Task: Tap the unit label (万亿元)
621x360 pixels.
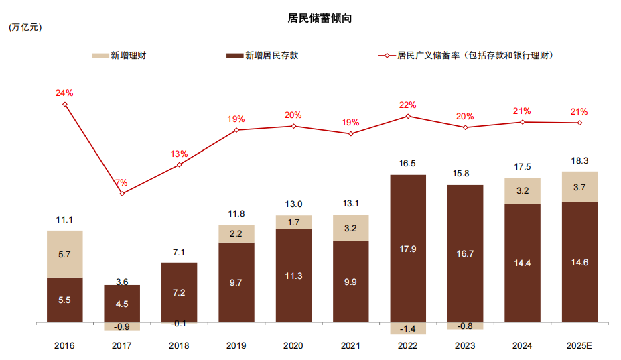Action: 25,28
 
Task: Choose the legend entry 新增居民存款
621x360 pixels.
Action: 263,56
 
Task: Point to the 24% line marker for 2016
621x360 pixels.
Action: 65,104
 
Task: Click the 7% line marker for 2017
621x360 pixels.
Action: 122,194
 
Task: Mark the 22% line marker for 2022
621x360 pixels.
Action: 407,116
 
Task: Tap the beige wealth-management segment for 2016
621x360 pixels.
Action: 65,254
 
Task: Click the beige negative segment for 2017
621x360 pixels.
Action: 122,326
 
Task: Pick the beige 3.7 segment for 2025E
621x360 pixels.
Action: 579,187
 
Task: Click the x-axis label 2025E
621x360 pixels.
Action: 579,346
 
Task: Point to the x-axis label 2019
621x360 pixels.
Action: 236,346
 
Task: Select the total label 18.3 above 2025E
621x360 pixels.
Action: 579,161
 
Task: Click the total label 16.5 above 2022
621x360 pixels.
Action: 407,163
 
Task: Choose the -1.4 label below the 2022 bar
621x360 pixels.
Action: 407,328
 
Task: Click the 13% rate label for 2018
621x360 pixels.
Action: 179,154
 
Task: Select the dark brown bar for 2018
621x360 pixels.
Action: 179,293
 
